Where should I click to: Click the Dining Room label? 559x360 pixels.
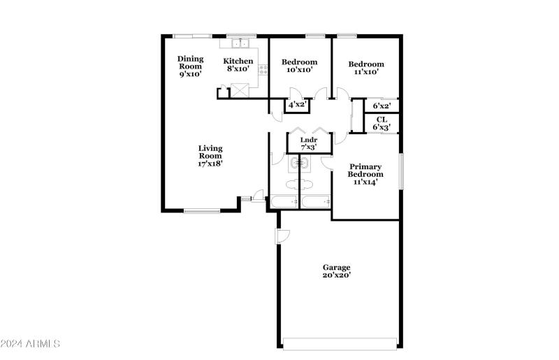point(190,66)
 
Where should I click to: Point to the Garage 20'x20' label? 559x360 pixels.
point(336,271)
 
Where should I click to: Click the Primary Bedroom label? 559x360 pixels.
point(365,174)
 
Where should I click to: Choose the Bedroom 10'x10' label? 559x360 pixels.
point(299,66)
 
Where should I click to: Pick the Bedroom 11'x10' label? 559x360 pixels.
point(366,68)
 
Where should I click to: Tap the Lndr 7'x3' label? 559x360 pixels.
point(308,143)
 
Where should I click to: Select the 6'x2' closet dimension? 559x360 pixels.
point(381,106)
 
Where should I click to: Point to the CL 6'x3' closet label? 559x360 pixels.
point(381,123)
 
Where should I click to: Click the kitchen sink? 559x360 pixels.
point(240,43)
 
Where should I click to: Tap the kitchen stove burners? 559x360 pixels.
point(263,69)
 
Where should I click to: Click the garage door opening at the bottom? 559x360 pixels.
point(340,343)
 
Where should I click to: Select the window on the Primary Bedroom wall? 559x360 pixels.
point(401,171)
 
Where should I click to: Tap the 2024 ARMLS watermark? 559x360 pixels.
point(30,344)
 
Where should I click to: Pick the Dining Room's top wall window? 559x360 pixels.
point(192,36)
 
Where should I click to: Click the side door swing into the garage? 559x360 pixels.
point(282,236)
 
